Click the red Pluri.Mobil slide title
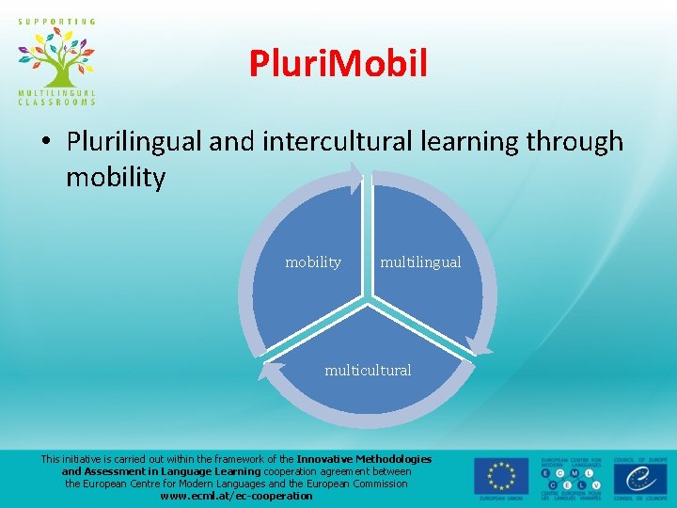click(x=338, y=64)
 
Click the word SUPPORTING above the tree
click(x=55, y=21)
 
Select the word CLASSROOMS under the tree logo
click(x=55, y=102)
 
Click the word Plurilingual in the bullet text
click(x=134, y=141)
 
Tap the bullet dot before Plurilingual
click(x=46, y=142)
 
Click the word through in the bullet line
click(x=574, y=141)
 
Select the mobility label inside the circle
click(x=313, y=262)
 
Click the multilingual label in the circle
click(x=420, y=262)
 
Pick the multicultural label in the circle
click(x=368, y=371)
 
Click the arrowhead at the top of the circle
click(x=358, y=177)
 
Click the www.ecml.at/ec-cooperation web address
click(x=236, y=496)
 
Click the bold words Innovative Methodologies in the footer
click(x=364, y=459)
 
